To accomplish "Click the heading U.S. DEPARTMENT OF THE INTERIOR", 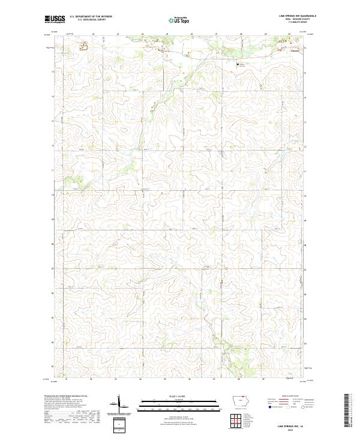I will coord(91,17).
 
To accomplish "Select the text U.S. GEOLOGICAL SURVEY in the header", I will coord(87,20).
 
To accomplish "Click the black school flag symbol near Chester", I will coord(238,62).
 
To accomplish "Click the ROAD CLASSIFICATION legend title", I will coord(286,397).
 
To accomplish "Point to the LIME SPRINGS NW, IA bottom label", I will coord(293,423).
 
